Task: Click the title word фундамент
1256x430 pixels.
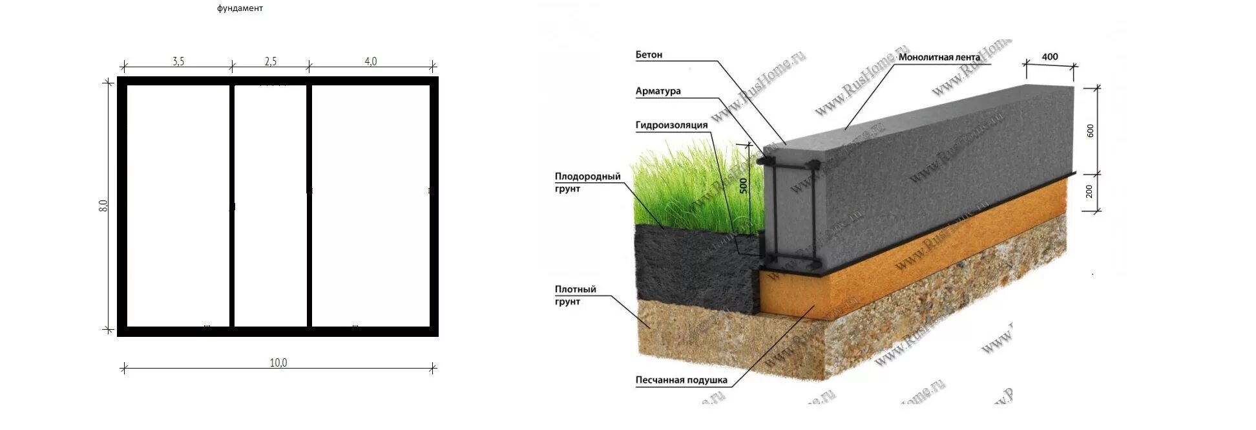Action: point(240,8)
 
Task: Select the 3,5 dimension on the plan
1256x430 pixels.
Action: point(178,61)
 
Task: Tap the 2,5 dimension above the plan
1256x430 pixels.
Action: point(271,61)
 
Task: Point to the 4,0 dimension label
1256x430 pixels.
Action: point(371,61)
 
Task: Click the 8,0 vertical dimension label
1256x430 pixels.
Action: point(103,206)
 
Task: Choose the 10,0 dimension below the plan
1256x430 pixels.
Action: point(278,363)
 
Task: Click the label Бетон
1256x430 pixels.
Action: point(649,55)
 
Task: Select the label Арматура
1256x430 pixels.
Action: point(658,91)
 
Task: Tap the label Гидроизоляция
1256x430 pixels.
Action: point(671,125)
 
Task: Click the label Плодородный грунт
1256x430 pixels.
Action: point(587,182)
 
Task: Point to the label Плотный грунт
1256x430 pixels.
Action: point(575,296)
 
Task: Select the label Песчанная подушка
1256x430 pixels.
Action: point(681,380)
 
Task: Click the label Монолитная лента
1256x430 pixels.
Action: point(939,58)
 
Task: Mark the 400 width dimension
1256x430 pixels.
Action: point(1050,57)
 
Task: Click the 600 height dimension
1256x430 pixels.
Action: point(1091,131)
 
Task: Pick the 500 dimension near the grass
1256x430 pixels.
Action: point(743,186)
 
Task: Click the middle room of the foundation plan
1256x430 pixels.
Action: point(271,206)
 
